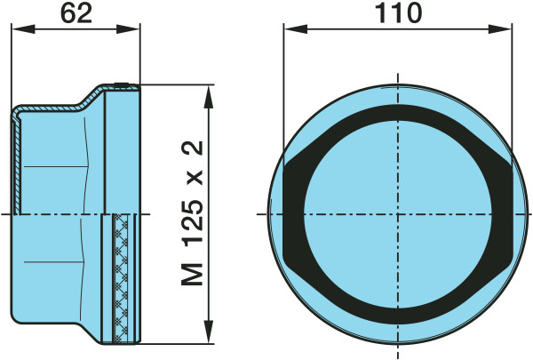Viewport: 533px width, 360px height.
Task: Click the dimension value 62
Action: [x=76, y=13]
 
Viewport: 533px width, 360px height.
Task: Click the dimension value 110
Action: [x=398, y=13]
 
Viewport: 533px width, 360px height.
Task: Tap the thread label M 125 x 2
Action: [x=193, y=213]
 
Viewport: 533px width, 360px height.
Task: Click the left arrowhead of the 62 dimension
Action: [x=23, y=29]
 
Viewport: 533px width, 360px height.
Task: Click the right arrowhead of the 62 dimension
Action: [x=128, y=29]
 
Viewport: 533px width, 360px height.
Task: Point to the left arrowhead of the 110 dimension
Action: [x=296, y=29]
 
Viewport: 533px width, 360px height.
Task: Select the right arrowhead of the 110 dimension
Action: [x=499, y=29]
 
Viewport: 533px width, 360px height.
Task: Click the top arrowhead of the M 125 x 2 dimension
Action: [x=209, y=96]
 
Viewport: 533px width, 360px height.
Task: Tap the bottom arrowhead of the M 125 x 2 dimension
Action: [x=209, y=332]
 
